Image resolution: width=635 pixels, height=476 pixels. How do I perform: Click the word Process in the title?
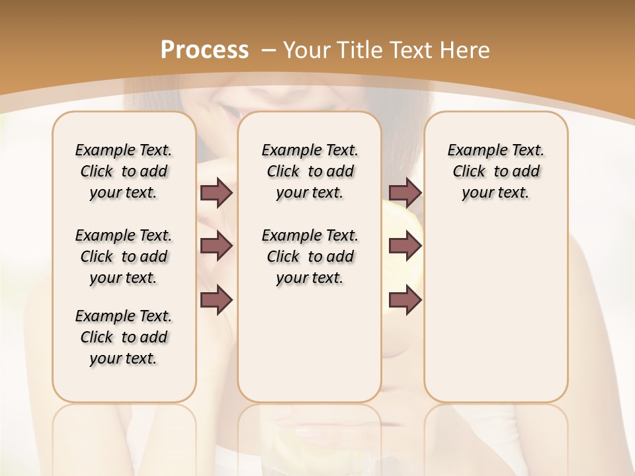tap(204, 50)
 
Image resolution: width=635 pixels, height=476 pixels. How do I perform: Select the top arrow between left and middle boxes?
tap(216, 192)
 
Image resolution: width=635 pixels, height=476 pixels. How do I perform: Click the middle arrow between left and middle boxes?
tap(216, 246)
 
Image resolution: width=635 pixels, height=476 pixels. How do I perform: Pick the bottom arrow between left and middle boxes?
tap(216, 300)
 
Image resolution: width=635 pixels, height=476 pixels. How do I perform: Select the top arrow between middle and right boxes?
tap(405, 192)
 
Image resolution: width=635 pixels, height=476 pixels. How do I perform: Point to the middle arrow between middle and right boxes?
tap(405, 246)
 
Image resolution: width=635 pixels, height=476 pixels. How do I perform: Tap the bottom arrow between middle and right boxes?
tap(405, 300)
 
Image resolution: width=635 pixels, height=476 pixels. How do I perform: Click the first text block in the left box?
tap(124, 171)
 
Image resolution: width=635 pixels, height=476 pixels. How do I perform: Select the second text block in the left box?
tap(124, 257)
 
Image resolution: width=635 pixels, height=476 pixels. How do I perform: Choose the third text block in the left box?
tap(124, 337)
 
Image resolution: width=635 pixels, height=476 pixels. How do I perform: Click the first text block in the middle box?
tap(310, 171)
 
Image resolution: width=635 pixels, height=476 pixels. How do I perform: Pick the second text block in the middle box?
tap(310, 257)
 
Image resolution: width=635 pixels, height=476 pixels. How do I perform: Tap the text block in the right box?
tap(495, 171)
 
